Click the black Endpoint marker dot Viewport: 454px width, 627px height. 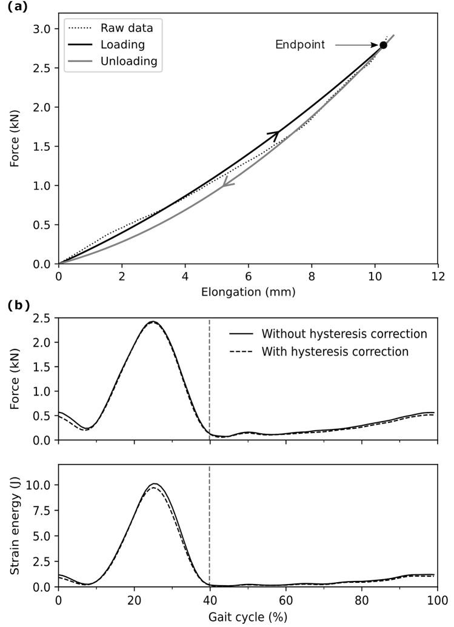coord(383,45)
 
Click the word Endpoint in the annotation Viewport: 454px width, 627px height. coord(300,45)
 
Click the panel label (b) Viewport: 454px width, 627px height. coord(18,306)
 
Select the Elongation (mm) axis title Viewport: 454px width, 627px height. coord(248,292)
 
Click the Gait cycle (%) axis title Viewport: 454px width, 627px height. coord(248,617)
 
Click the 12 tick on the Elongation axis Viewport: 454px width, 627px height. coord(438,276)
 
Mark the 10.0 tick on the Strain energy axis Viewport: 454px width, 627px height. coord(40,485)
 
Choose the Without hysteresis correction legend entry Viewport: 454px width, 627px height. coord(344,334)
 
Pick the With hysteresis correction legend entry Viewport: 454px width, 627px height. coord(335,351)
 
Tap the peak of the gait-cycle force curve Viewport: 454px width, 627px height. coord(153,322)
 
